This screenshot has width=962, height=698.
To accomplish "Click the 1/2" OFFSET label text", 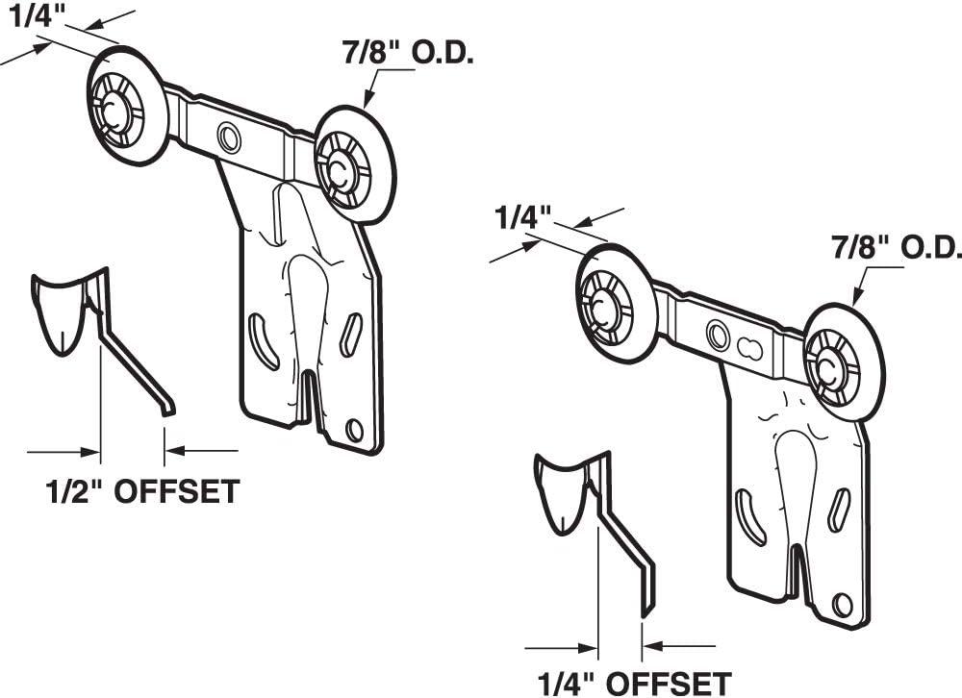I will coord(141,491).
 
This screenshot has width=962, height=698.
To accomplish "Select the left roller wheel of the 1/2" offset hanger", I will coord(128,108).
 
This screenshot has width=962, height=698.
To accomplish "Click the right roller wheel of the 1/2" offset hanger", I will coord(354,165).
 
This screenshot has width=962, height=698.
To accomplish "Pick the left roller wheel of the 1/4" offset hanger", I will coord(616,302).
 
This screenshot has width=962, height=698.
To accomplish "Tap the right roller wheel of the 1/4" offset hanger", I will coord(843,361).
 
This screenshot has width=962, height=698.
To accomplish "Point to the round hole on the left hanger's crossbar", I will coord(229,137).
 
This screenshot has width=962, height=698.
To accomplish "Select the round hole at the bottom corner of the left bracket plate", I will coord(354,430).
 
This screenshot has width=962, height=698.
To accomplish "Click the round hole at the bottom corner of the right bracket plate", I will coord(842,605).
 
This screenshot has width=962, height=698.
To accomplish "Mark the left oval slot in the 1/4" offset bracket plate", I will coord(749,516).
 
